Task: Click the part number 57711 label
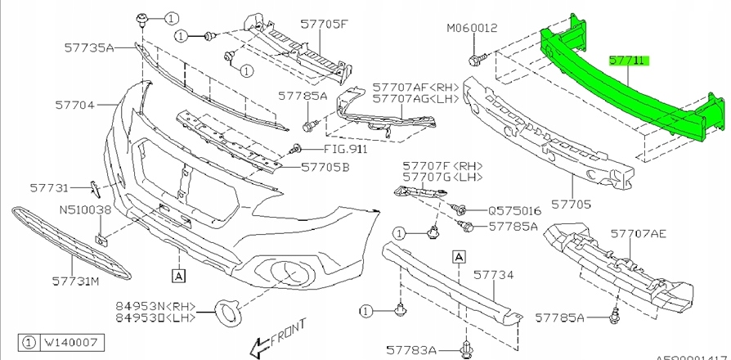point(627,61)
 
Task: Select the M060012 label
point(472,28)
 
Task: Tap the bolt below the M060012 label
point(477,59)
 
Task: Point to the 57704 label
point(75,106)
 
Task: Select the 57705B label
point(325,167)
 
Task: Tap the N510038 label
point(84,209)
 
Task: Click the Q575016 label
point(514,209)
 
